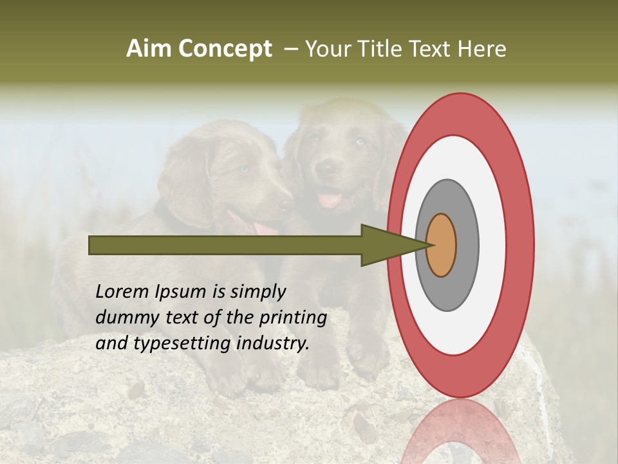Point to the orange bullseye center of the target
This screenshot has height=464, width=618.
(x=441, y=245)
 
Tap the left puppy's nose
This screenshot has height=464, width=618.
(x=283, y=204)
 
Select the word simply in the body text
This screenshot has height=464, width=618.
(x=257, y=292)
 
